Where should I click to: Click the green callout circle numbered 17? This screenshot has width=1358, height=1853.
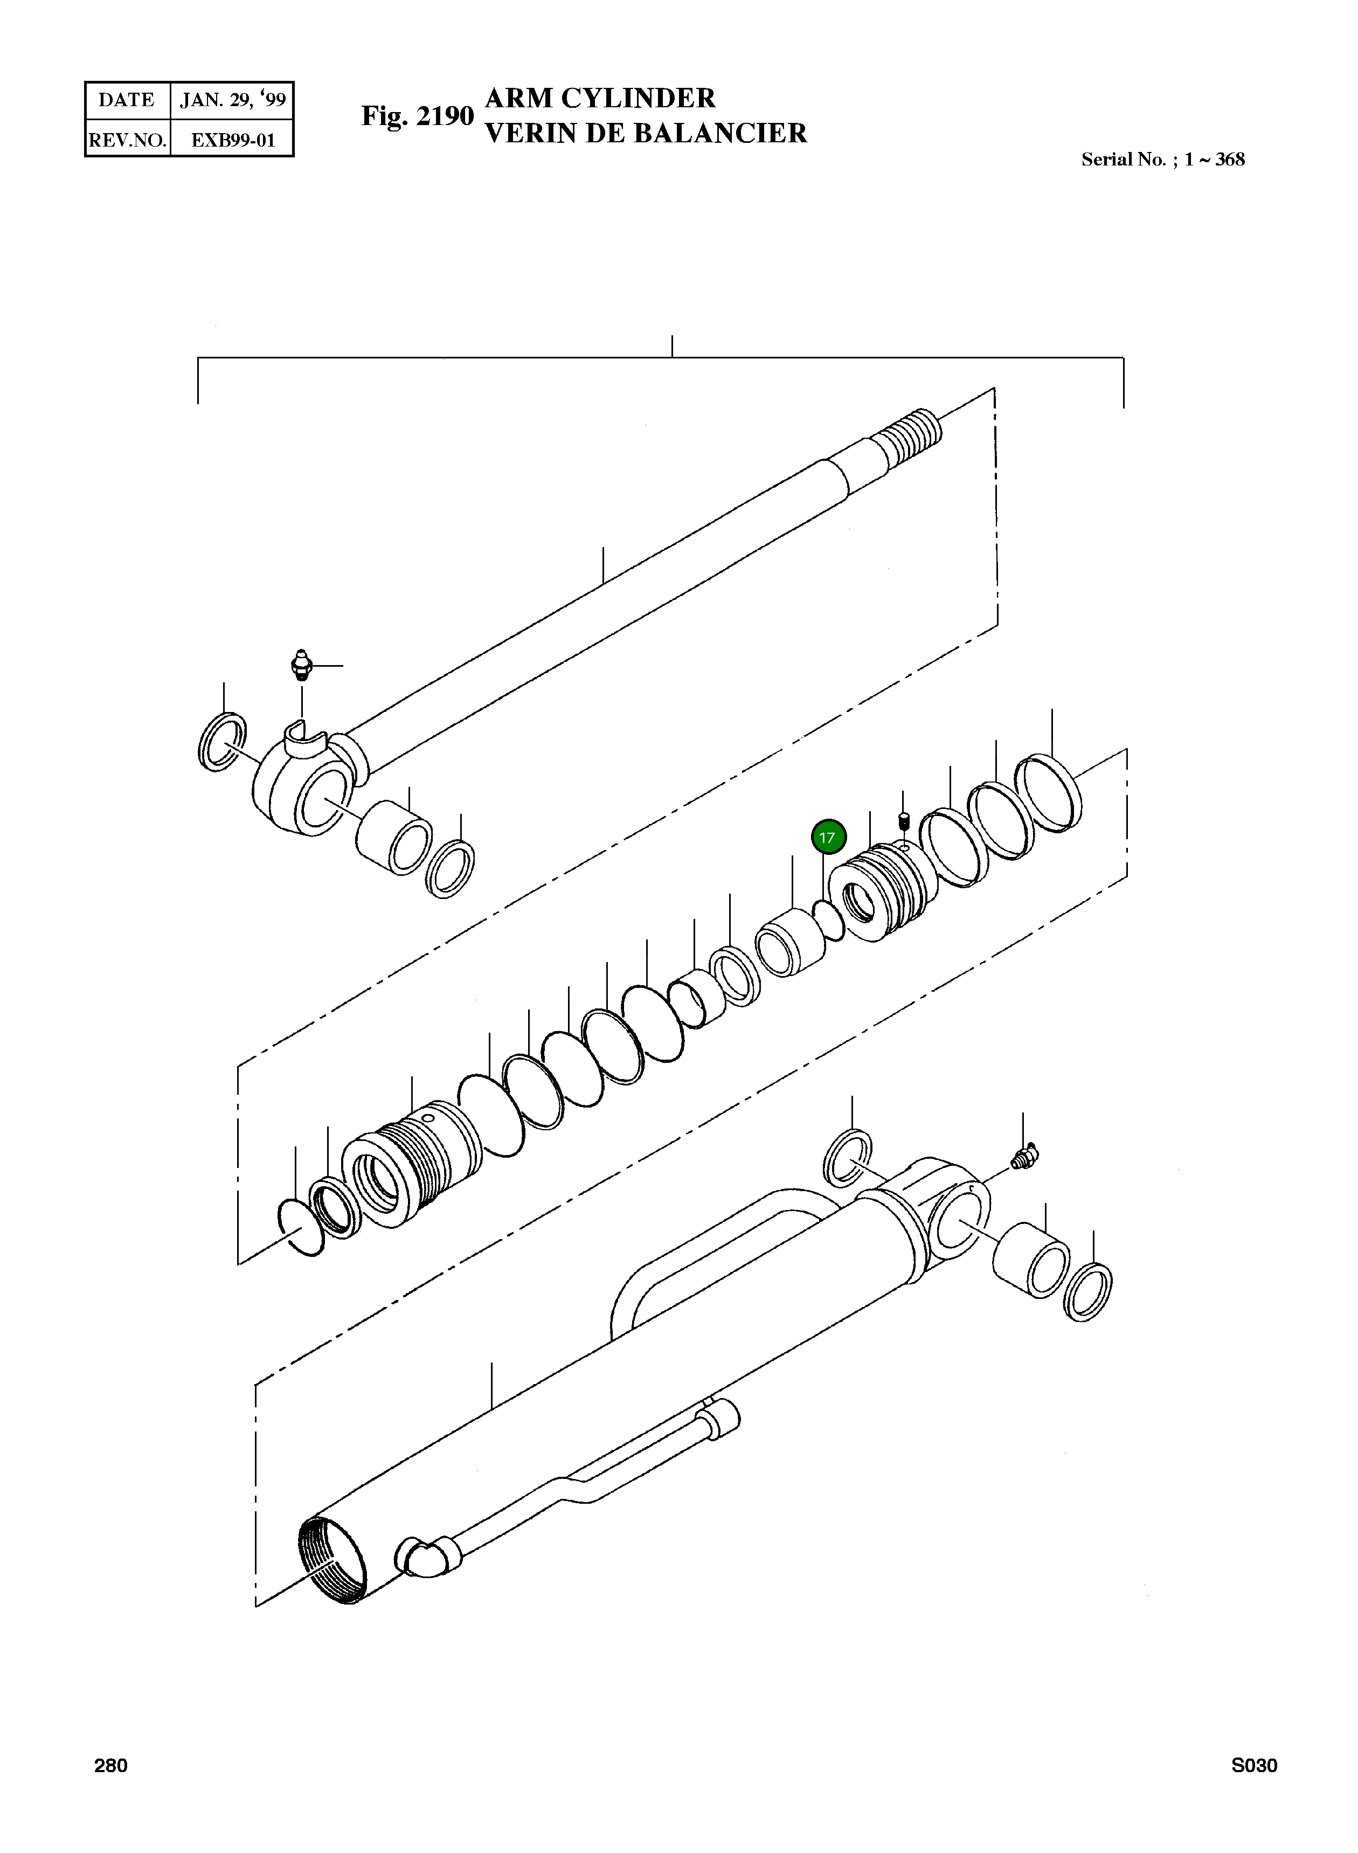click(x=828, y=838)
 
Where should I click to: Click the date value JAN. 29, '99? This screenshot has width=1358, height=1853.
click(x=233, y=100)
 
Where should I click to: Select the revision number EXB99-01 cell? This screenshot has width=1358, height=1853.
click(x=233, y=140)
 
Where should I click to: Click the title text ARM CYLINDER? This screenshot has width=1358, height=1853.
click(x=600, y=98)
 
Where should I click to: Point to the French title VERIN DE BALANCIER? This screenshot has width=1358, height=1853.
click(x=646, y=133)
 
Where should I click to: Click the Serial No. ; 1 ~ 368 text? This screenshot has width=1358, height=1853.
click(x=1162, y=160)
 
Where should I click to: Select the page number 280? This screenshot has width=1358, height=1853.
click(x=111, y=1766)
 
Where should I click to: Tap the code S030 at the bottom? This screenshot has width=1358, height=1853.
click(x=1253, y=1766)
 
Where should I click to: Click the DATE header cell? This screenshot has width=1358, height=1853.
click(x=127, y=100)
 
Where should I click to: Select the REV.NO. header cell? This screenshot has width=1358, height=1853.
click(x=127, y=140)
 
